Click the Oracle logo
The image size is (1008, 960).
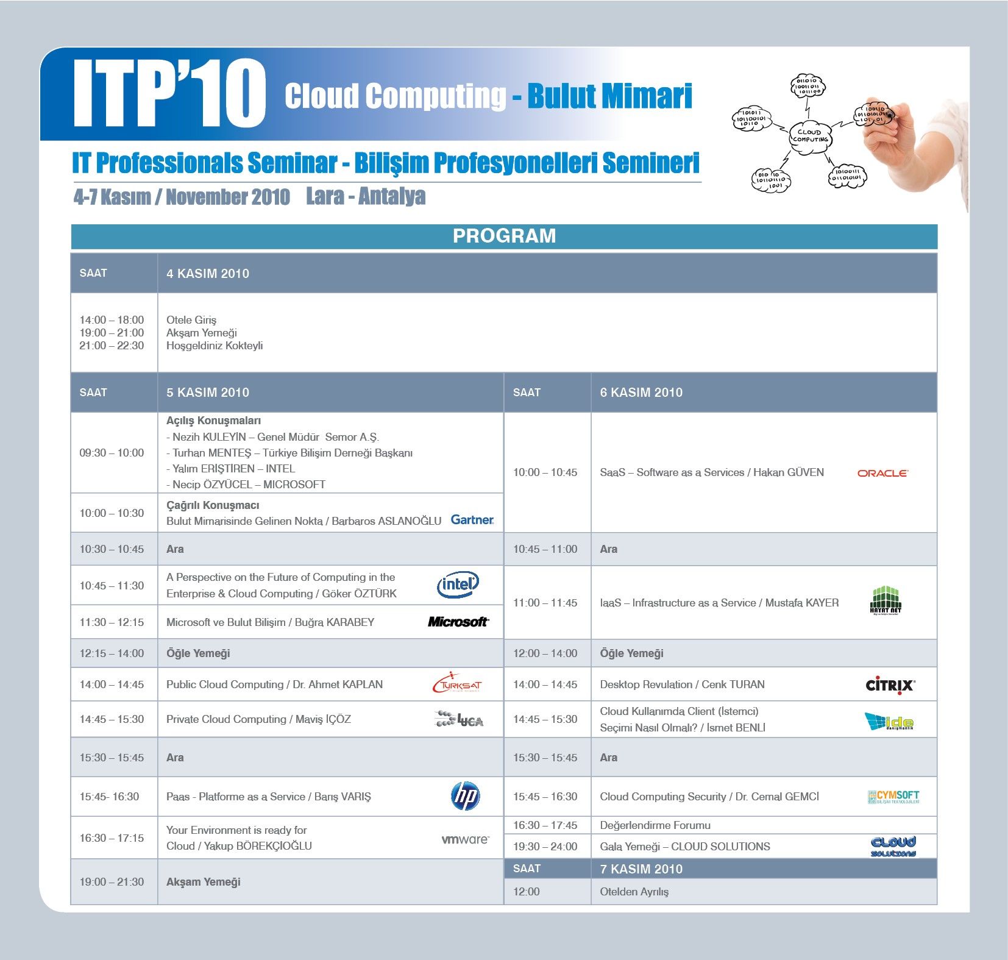[882, 473]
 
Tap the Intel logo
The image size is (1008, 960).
[458, 585]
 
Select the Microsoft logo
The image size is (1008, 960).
[458, 622]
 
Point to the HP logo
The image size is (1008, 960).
[466, 796]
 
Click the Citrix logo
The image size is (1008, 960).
[890, 684]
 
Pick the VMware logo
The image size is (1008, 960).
[465, 839]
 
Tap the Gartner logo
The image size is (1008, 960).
[472, 520]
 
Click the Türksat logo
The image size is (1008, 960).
[457, 683]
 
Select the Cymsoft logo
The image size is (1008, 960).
[893, 797]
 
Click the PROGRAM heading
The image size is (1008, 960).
[504, 236]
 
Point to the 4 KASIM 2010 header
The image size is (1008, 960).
[208, 274]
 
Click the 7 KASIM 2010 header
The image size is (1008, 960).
[641, 869]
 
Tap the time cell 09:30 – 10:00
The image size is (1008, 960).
[112, 453]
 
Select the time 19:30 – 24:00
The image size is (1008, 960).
[545, 847]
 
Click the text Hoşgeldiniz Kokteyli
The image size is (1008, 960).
[215, 346]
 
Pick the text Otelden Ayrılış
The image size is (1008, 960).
[634, 892]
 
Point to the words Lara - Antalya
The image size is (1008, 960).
[366, 196]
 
